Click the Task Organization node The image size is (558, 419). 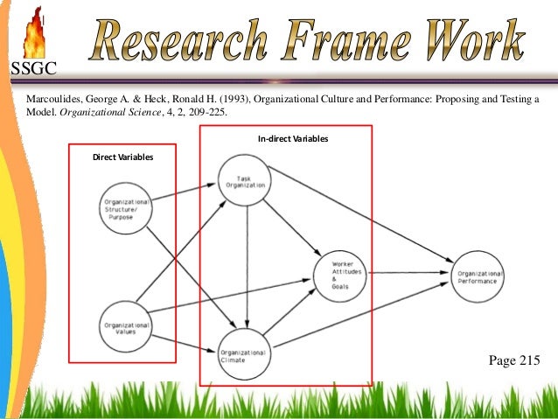tap(244, 180)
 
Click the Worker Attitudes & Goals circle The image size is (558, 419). tap(339, 271)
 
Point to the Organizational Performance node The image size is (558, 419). tap(478, 276)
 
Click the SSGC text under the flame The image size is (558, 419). tap(32, 69)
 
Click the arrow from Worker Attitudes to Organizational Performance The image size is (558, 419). tap(408, 273)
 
